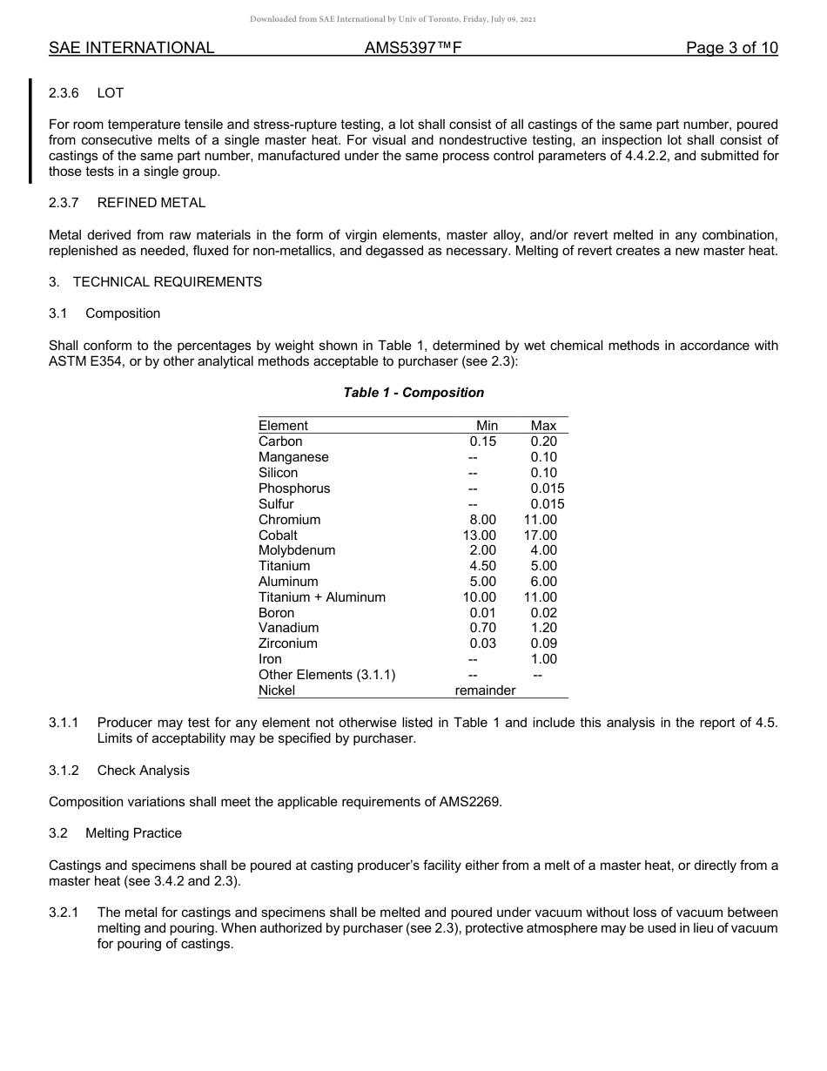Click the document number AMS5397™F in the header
(x=412, y=48)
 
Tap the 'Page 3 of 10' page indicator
(x=731, y=48)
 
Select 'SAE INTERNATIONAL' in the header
(x=131, y=48)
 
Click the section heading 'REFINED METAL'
(x=151, y=203)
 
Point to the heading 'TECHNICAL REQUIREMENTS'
(x=167, y=282)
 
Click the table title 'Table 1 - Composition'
(x=413, y=393)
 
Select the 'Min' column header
(x=487, y=426)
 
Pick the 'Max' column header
(x=543, y=426)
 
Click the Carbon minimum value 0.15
(x=482, y=441)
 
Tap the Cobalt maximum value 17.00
(x=540, y=535)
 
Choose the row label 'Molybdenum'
(x=297, y=550)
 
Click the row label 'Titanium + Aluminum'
(x=321, y=597)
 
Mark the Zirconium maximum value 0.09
(x=543, y=643)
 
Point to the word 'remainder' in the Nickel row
(x=485, y=690)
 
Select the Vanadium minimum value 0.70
(x=482, y=628)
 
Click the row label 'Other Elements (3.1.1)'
(x=326, y=675)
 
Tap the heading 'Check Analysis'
(x=143, y=771)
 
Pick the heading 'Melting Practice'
(x=133, y=833)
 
